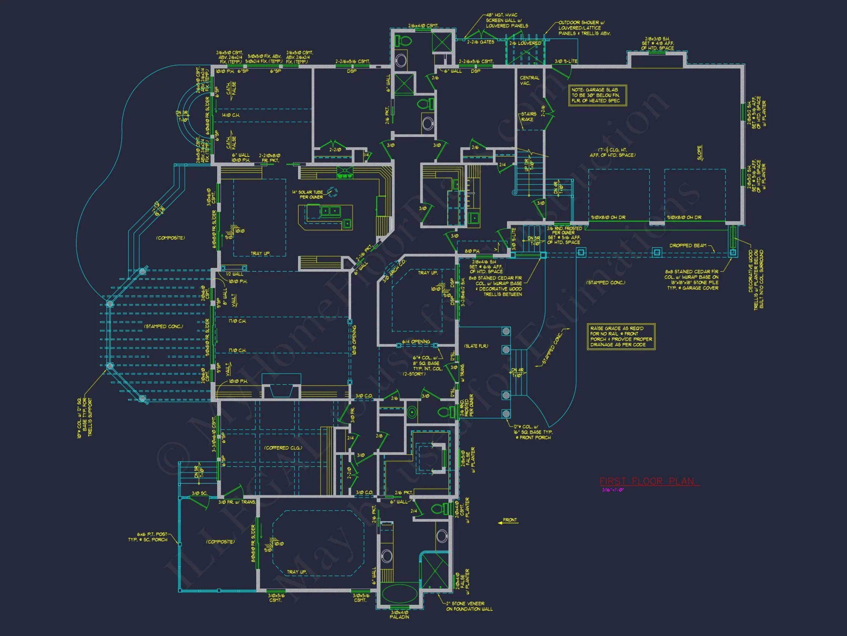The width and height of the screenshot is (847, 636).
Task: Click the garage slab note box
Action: coord(597,95)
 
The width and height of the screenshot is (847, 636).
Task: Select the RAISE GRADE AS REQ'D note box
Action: coord(621,337)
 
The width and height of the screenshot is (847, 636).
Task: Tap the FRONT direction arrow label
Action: coord(509,520)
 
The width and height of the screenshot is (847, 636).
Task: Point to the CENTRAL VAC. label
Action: coord(529,81)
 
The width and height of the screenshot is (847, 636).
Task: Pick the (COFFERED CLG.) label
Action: coord(283,448)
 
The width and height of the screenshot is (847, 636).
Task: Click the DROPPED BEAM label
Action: coord(688,245)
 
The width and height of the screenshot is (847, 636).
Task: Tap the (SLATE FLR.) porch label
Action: coord(476,346)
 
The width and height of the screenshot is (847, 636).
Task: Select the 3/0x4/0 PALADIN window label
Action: coord(399,614)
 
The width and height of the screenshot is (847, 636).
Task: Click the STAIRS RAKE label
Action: coord(528,117)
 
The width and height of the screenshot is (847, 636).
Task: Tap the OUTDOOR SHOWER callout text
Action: coord(584,28)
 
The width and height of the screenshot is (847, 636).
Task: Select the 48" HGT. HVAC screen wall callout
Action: coord(507,20)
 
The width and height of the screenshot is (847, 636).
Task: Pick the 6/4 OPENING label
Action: coord(416,342)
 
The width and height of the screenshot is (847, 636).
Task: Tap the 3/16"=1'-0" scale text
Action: coord(613,490)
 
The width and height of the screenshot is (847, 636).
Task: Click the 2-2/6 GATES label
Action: coord(480,42)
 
